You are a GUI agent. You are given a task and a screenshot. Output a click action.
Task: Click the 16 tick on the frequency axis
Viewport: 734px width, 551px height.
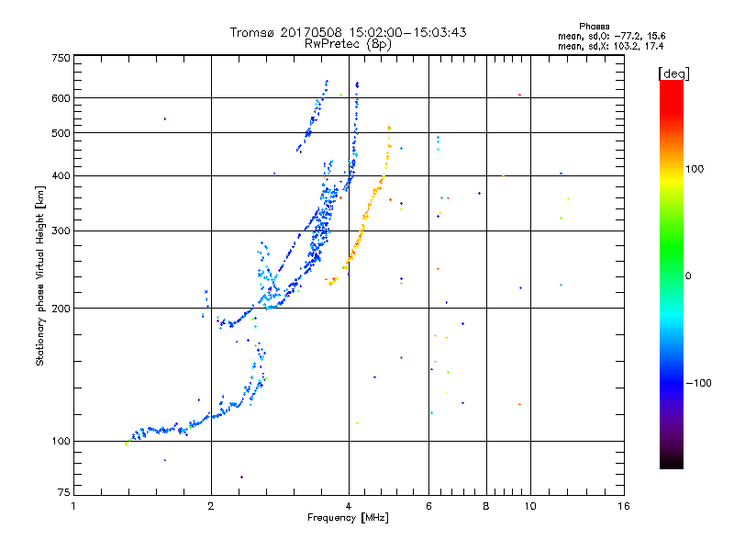coord(624,505)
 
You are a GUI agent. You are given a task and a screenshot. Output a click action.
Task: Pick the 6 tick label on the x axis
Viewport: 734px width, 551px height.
coord(428,505)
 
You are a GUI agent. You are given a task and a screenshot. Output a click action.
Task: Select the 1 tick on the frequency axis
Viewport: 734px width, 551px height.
coord(73,505)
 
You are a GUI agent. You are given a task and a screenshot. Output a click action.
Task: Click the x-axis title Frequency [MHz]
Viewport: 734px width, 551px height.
coord(349,518)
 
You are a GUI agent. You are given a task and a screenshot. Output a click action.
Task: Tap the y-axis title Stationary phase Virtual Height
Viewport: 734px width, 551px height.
coord(40,275)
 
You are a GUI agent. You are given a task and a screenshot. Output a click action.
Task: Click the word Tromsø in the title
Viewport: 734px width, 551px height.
coord(253,32)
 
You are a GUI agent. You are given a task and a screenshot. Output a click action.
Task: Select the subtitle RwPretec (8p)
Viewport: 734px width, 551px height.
coord(348,43)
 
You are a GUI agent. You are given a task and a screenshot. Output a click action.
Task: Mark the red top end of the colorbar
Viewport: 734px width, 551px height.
coord(671,84)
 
